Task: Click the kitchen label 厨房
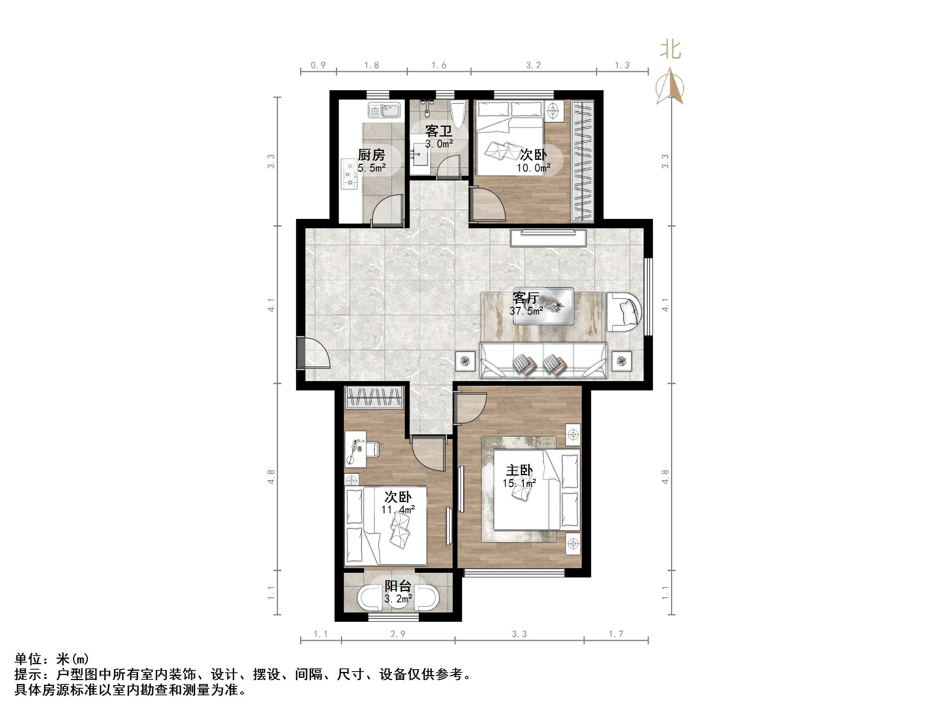click(371, 154)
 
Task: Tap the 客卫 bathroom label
click(439, 131)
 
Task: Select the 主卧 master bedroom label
click(519, 471)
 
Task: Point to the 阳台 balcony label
click(398, 586)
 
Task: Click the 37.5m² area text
click(526, 311)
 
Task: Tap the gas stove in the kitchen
click(349, 174)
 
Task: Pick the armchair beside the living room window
click(625, 312)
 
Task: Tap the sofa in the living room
click(543, 361)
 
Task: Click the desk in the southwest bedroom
click(356, 449)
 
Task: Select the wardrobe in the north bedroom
click(583, 161)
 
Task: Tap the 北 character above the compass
click(670, 50)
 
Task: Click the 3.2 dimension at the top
click(533, 65)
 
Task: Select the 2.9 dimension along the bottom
click(398, 634)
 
